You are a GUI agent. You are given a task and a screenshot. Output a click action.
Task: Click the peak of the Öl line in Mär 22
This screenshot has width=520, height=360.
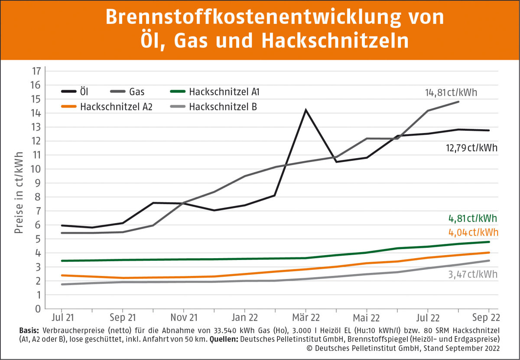[305, 110]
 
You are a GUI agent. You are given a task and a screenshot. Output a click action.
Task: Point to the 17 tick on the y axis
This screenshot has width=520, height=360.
[36, 71]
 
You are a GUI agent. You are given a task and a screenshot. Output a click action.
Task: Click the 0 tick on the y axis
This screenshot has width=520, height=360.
[38, 309]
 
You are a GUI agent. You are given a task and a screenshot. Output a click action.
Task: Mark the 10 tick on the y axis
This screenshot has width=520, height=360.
[36, 169]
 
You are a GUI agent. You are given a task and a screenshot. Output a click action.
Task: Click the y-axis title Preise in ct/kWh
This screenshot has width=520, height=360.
[19, 192]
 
